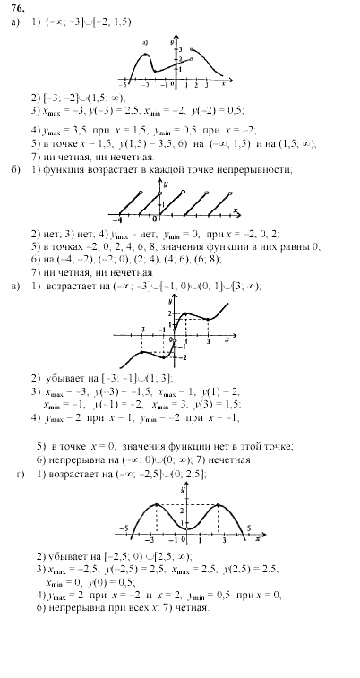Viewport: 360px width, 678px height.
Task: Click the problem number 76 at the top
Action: (x=15, y=9)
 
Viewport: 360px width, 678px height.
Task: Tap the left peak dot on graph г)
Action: (x=155, y=505)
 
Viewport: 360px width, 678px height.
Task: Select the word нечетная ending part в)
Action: (x=228, y=459)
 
